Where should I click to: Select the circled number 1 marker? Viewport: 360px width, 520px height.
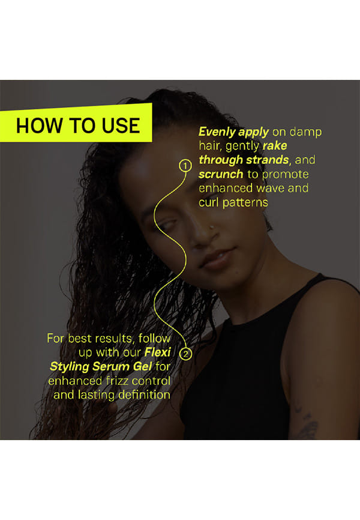185,166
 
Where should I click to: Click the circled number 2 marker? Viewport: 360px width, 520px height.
185,354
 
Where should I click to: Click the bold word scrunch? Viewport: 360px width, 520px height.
221,174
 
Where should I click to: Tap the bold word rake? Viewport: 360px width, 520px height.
275,145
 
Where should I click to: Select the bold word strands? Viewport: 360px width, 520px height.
268,160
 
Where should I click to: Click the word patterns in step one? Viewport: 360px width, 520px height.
245,202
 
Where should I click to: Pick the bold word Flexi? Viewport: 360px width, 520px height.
158,352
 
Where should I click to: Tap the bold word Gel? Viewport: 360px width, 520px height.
143,366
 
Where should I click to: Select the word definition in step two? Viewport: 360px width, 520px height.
144,395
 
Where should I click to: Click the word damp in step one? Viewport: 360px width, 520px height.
305,133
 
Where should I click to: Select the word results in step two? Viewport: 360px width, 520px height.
113,338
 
